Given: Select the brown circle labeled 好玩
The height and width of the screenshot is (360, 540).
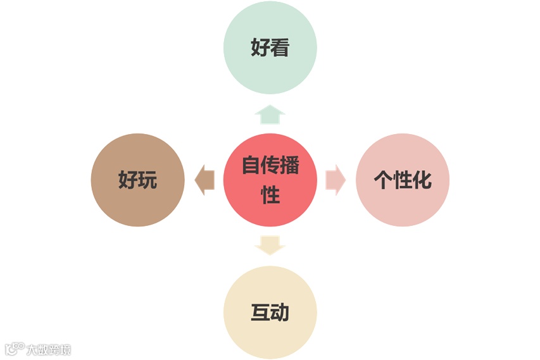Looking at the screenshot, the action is (137, 180).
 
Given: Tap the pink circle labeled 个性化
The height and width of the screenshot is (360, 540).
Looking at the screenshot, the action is (403, 180).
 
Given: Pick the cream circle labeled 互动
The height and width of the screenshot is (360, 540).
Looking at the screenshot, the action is (270, 313).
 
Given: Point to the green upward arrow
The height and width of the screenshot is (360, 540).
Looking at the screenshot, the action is (270, 115).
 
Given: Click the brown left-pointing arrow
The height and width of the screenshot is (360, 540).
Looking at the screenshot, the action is (204, 180).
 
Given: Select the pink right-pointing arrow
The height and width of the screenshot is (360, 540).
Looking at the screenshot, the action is (336, 180).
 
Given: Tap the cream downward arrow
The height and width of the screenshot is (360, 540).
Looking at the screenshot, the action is (270, 245).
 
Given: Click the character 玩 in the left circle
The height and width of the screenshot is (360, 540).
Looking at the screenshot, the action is (148, 180).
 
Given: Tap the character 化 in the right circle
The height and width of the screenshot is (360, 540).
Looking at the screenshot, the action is (422, 180).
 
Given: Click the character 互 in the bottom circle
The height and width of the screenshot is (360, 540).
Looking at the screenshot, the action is (260, 313).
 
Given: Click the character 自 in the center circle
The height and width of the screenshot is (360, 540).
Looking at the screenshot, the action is (251, 166).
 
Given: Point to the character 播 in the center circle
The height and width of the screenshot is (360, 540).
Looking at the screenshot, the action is (289, 166).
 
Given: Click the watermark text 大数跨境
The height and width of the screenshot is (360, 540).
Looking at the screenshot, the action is (48, 349).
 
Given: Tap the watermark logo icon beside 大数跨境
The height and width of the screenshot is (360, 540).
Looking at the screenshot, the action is (14, 349).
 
